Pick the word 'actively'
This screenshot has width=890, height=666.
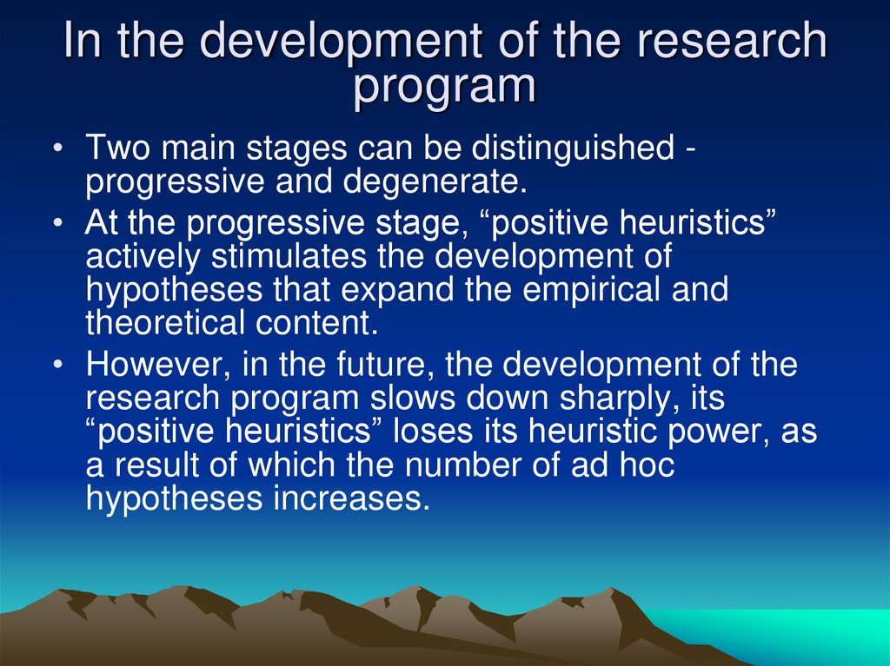pos(143,258)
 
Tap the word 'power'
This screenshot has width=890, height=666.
pos(728,432)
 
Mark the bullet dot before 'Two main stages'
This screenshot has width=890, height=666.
pos(56,149)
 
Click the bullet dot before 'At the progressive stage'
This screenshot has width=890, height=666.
pos(56,224)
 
